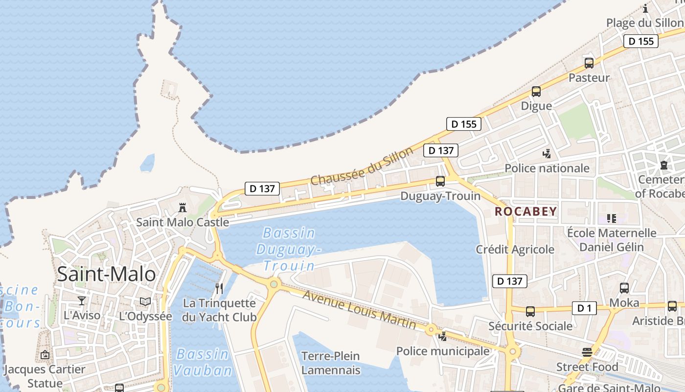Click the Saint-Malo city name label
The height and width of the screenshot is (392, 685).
[x=106, y=274]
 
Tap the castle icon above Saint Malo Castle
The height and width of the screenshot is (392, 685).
[x=183, y=208]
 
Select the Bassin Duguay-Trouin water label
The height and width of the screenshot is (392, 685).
[x=288, y=249]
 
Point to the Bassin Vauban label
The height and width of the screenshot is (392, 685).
[x=202, y=362]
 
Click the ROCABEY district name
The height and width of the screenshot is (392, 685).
[x=525, y=212]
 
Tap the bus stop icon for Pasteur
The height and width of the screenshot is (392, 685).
[x=589, y=63]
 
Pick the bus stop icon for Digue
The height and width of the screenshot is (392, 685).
[x=536, y=92]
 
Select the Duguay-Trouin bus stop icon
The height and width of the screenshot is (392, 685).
[x=440, y=181]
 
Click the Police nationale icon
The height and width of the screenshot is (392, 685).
[x=547, y=154]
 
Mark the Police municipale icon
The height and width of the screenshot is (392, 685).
[x=443, y=336]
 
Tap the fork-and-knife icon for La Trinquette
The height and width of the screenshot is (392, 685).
[x=219, y=289]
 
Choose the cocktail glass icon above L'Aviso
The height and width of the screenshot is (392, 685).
[x=82, y=300]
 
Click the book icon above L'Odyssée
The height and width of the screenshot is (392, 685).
[x=145, y=301]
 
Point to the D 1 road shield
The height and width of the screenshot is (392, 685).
[x=584, y=308]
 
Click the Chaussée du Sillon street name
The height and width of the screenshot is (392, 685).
[x=362, y=167]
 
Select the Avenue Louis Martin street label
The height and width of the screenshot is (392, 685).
[x=359, y=310]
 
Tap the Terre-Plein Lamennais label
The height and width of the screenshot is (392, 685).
[x=331, y=363]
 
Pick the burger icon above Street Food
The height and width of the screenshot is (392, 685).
[x=587, y=352]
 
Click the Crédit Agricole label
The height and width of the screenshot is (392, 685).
[x=515, y=249]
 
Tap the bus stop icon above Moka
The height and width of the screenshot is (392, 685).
[x=624, y=288]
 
